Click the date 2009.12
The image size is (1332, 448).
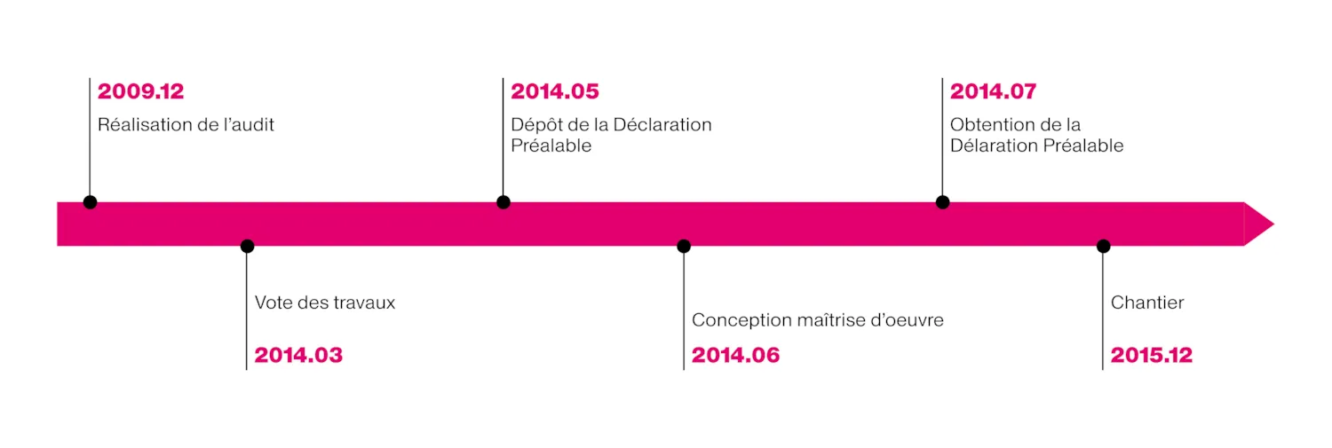tap(141, 91)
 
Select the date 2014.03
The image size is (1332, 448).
tap(298, 356)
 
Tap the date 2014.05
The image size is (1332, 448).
tap(555, 91)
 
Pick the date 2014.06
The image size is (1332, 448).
tap(735, 356)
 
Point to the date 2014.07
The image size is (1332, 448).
tap(993, 91)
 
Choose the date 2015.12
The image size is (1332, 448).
tap(1152, 356)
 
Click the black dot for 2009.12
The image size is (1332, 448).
tap(90, 202)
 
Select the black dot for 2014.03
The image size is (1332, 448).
tap(248, 246)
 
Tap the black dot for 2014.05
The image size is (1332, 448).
tap(503, 202)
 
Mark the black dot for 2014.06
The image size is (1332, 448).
tap(684, 246)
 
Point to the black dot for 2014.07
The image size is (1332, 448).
tap(942, 202)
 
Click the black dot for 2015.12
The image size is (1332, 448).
tap(1104, 246)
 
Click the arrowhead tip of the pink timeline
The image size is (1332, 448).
tap(1273, 224)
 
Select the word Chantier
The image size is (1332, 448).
tap(1147, 303)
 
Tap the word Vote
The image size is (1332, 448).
tap(274, 303)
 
